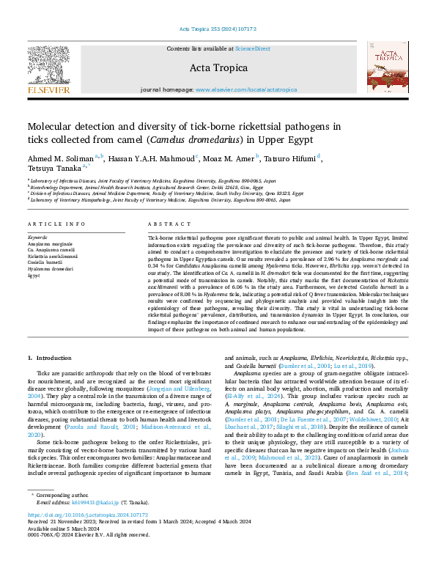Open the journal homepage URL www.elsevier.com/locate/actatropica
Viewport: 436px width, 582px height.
point(246,89)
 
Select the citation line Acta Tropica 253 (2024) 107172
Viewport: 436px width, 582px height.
point(218,29)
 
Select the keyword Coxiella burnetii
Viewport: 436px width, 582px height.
point(45,262)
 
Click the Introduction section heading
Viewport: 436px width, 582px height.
point(49,357)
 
